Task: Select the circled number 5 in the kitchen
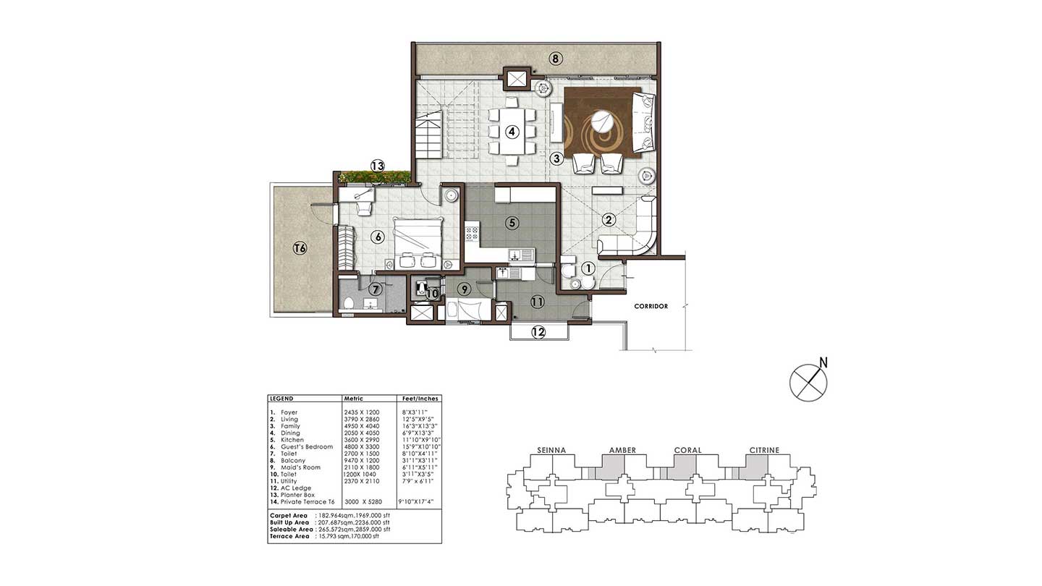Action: click(512, 223)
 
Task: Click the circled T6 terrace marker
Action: click(300, 248)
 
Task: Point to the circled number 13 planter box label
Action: click(377, 166)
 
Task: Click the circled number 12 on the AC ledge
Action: click(538, 332)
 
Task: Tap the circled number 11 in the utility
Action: click(536, 302)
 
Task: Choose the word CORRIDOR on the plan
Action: click(651, 306)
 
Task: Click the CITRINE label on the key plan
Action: click(764, 450)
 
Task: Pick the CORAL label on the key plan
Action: click(687, 450)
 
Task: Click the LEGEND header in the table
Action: click(281, 399)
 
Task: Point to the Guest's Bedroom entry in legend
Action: click(307, 447)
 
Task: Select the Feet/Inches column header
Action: click(420, 399)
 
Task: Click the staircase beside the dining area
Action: click(428, 137)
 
